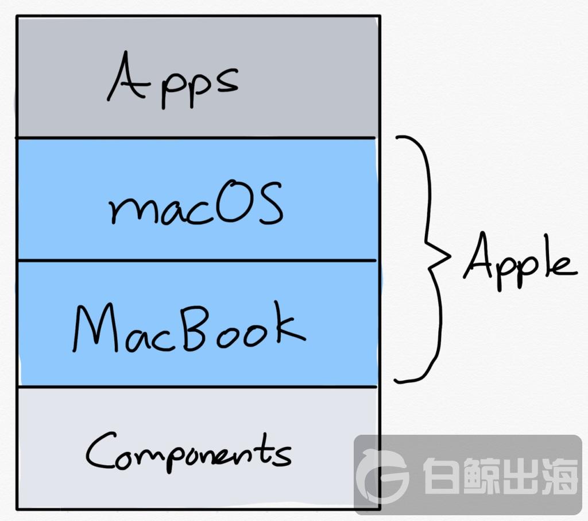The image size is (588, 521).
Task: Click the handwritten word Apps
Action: click(172, 80)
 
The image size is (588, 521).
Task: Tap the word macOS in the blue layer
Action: click(195, 203)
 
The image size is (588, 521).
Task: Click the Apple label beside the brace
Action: click(520, 260)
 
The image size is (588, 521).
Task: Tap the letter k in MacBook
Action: click(289, 322)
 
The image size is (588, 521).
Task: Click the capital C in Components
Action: click(100, 450)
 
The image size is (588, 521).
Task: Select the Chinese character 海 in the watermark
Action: click(558, 476)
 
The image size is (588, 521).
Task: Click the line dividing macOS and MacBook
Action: click(197, 260)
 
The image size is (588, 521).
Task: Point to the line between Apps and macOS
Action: click(195, 138)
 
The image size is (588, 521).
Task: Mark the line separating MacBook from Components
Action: click(197, 386)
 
